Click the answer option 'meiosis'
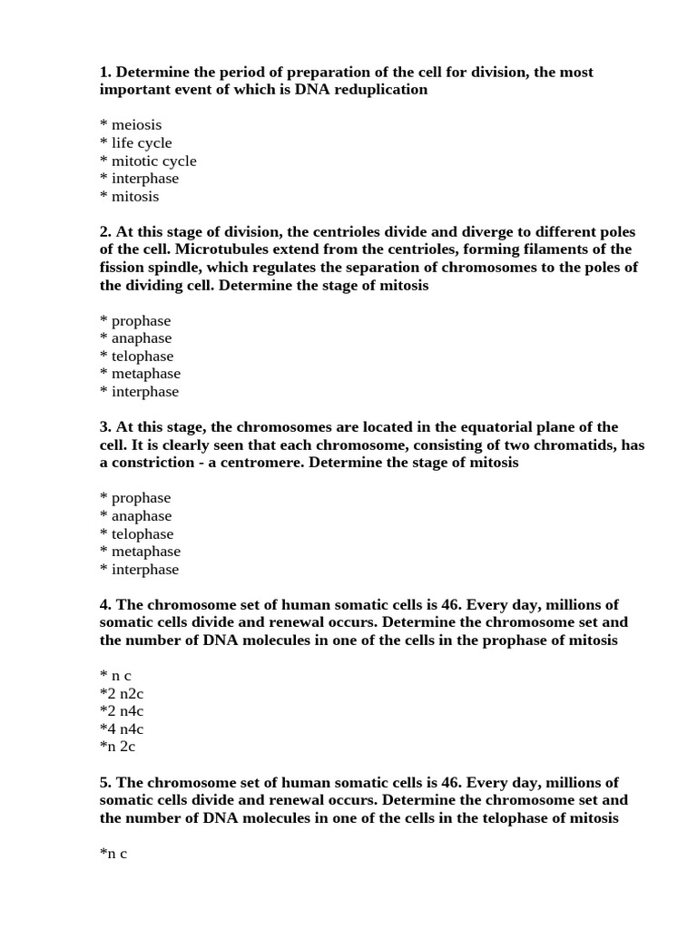point(136,125)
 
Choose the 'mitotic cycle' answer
point(153,161)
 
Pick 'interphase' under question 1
point(145,179)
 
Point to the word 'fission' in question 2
point(124,268)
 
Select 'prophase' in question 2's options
point(141,321)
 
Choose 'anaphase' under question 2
point(142,338)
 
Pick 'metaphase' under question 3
point(145,552)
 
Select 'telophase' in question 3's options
point(142,534)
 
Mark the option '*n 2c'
point(118,748)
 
